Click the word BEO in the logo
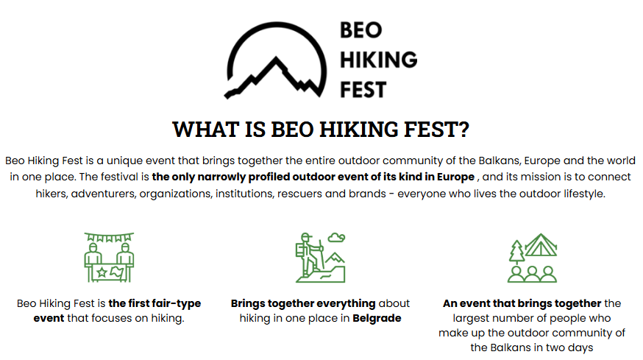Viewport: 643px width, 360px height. pyautogui.click(x=361, y=30)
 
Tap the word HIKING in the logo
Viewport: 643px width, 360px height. pyautogui.click(x=378, y=60)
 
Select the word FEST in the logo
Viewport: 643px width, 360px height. pyautogui.click(x=363, y=90)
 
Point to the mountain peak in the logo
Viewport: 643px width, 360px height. pyautogui.click(x=276, y=59)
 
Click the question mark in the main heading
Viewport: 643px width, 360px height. pyautogui.click(x=463, y=130)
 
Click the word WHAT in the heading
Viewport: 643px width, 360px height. pyautogui.click(x=205, y=130)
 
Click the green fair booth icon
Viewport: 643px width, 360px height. pyautogui.click(x=109, y=258)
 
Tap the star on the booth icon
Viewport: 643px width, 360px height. pyautogui.click(x=102, y=272)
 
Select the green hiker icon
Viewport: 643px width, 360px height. pyautogui.click(x=320, y=258)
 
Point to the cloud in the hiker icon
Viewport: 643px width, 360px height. pyautogui.click(x=336, y=237)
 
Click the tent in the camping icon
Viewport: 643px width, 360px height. pyautogui.click(x=541, y=244)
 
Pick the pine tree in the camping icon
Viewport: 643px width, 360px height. pyautogui.click(x=516, y=252)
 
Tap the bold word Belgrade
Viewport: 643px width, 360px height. pyautogui.click(x=377, y=318)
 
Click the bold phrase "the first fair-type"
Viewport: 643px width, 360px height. pyautogui.click(x=154, y=303)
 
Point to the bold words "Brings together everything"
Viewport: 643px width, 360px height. pyautogui.click(x=303, y=303)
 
